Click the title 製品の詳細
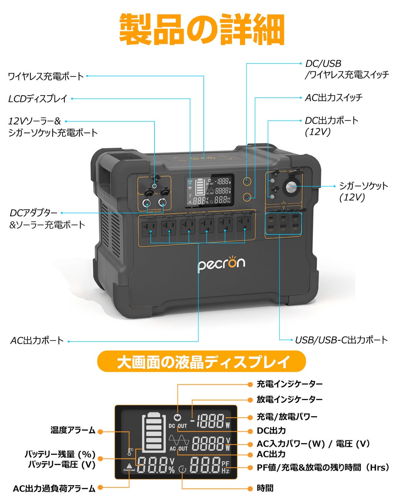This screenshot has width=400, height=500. coord(201,30)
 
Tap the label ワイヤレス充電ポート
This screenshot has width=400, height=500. coord(46,76)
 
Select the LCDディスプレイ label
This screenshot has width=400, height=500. coord(38,99)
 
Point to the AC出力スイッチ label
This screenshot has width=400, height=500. coord(333,98)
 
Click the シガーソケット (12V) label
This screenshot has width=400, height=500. coord(363,191)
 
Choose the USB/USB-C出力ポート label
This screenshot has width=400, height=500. coord(341,340)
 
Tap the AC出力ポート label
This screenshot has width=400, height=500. coord(37,341)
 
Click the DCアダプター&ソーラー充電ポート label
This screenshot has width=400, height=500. coord(47,219)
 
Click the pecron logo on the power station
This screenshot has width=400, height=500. coord(221,264)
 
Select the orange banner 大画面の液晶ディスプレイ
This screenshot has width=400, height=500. coord(201,361)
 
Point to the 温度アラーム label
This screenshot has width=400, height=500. coord(73,430)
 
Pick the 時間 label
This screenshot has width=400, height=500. coord(265,489)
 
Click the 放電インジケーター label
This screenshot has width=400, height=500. coord(290,400)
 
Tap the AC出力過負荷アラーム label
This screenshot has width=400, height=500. coord(54,489)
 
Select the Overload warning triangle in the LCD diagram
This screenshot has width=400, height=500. coord(129,466)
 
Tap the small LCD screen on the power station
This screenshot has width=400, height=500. coord(209,190)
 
